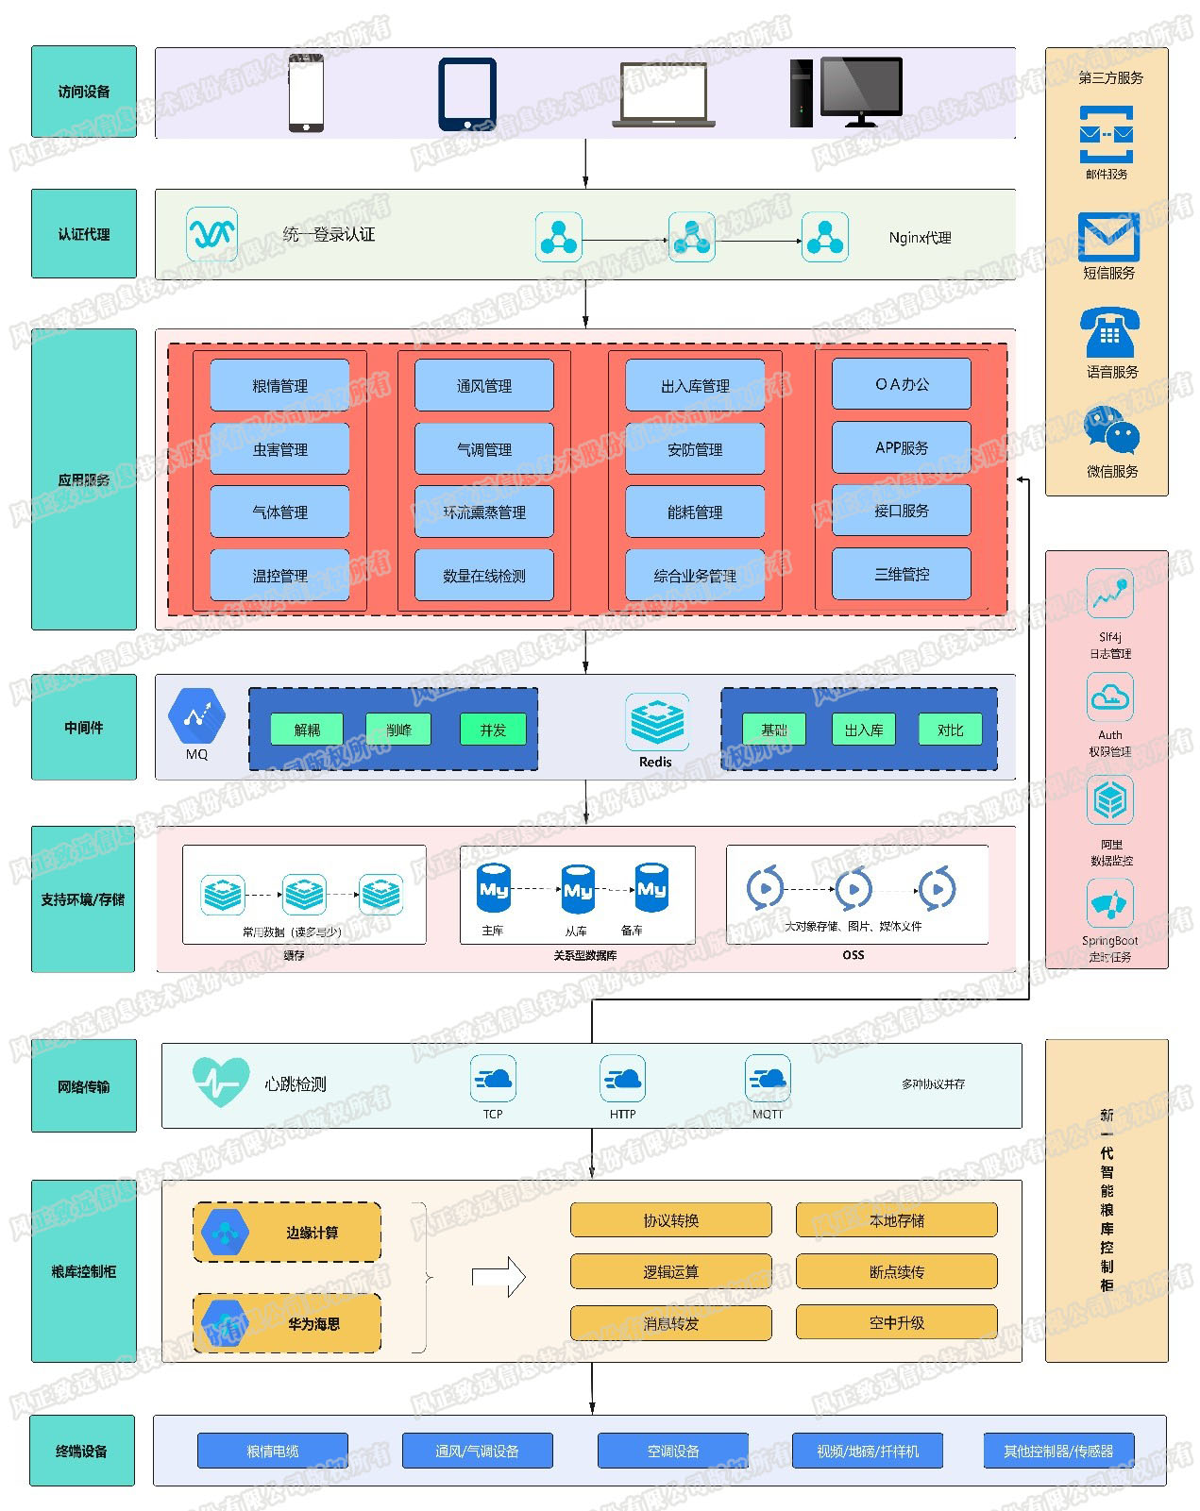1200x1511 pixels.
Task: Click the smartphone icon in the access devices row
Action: [x=306, y=92]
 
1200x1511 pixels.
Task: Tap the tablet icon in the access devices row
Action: [x=466, y=94]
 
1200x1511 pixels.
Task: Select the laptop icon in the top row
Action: [x=664, y=95]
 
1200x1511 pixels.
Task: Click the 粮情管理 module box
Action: [x=279, y=385]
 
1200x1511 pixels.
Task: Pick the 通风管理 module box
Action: [x=484, y=385]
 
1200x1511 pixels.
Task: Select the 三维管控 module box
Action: [x=902, y=574]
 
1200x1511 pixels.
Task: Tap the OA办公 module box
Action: [x=902, y=384]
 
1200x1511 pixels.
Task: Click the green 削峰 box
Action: [x=398, y=730]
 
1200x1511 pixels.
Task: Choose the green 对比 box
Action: [x=950, y=730]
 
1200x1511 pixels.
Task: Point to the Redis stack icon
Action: [x=656, y=723]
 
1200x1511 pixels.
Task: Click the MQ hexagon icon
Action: [x=196, y=716]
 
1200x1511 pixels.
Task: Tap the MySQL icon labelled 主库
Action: [x=494, y=888]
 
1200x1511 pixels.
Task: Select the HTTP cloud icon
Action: [x=622, y=1079]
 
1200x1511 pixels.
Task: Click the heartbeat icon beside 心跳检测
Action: [x=220, y=1082]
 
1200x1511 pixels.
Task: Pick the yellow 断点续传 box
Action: [x=896, y=1271]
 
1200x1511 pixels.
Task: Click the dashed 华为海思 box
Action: [x=287, y=1323]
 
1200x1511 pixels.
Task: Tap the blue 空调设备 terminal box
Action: [x=673, y=1451]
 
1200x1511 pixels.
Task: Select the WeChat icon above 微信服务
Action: [x=1111, y=431]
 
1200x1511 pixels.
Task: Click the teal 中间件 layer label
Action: [x=84, y=728]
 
